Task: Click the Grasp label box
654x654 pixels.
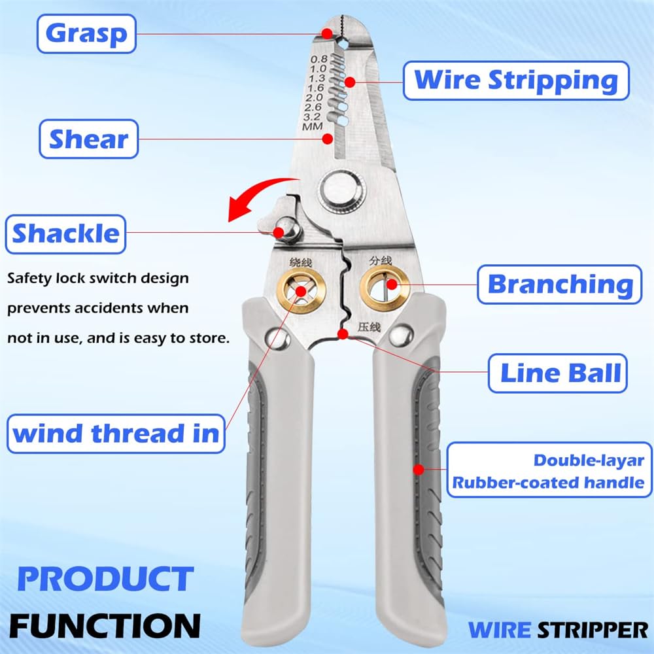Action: pos(86,33)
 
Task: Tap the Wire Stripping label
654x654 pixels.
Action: pos(516,80)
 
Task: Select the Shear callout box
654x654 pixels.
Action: pos(89,139)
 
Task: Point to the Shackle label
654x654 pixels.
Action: pos(65,233)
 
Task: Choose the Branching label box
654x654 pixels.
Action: pos(559,284)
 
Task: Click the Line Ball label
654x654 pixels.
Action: pos(559,373)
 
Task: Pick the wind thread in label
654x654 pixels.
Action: pos(116,433)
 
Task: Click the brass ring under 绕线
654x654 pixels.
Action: pos(300,290)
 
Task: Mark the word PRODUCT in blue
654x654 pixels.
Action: pos(105,579)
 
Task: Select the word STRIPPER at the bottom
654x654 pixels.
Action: pos(593,630)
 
